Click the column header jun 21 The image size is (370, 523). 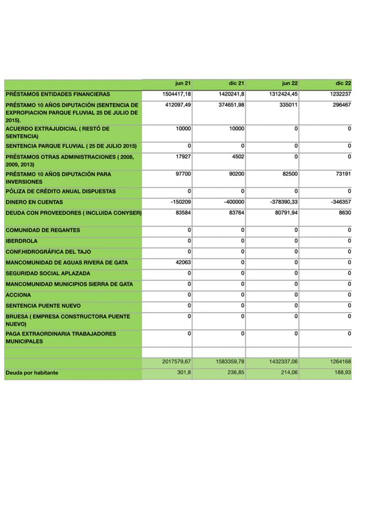[x=182, y=83]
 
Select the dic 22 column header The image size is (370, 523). [x=343, y=83]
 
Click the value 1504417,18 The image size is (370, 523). [x=176, y=94]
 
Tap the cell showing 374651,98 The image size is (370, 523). [x=230, y=105]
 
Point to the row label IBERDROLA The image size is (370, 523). [x=21, y=241]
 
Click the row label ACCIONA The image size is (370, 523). [x=18, y=295]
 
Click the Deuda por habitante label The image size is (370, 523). [x=32, y=373]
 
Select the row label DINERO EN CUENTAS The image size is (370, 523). [x=34, y=202]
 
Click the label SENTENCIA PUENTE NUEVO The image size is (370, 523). [x=42, y=306]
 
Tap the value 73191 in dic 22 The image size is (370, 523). [x=341, y=174]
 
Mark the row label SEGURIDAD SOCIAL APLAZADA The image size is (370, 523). [x=48, y=274]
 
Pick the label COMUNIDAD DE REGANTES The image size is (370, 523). [x=43, y=230]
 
